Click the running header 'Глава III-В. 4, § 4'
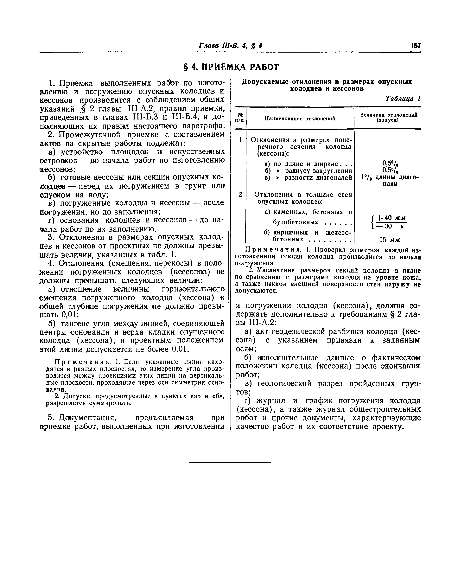[x=230, y=46]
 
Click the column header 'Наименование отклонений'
[x=300, y=118]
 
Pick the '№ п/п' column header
[x=240, y=117]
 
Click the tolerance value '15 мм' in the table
[x=390, y=240]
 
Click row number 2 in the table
[x=240, y=195]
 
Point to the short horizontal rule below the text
[x=230, y=462]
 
